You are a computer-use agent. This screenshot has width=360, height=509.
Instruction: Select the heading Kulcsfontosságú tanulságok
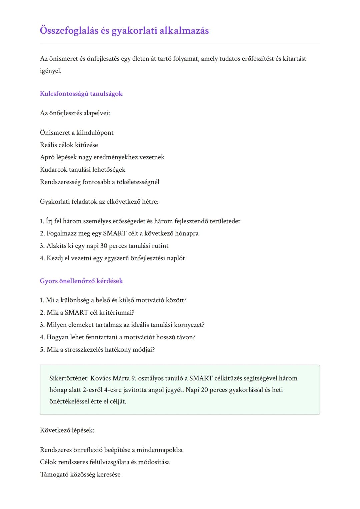click(81, 94)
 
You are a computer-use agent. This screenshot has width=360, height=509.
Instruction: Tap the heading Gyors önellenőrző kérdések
click(81, 281)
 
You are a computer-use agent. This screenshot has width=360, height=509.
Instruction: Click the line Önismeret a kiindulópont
click(77, 133)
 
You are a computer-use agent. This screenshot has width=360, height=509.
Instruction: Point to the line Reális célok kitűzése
click(69, 145)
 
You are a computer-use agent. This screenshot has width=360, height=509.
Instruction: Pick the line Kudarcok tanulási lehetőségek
click(83, 170)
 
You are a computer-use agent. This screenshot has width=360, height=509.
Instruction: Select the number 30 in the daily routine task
click(104, 246)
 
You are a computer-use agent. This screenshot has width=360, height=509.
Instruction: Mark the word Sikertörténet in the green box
click(69, 378)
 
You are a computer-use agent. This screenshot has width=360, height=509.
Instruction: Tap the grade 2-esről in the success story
click(93, 390)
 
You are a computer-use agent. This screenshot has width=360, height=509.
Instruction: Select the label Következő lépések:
click(67, 430)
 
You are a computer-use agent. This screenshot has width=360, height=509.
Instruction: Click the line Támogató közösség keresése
click(80, 475)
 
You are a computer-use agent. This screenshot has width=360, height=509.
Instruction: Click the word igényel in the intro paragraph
click(50, 71)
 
